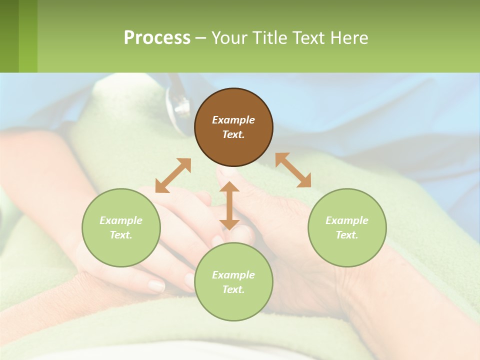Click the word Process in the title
(x=157, y=38)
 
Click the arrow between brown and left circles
(x=173, y=175)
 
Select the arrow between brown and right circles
(x=293, y=170)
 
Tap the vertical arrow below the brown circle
(x=229, y=205)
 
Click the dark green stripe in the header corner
(x=9, y=36)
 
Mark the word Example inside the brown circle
(x=233, y=120)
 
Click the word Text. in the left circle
(x=121, y=235)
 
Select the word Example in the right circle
(x=347, y=220)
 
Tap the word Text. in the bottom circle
(x=233, y=289)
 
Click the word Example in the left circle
(x=121, y=220)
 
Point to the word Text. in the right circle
(x=347, y=235)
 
